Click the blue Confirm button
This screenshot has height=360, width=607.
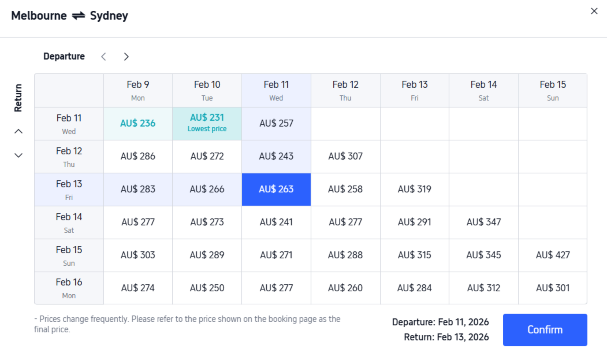(545, 329)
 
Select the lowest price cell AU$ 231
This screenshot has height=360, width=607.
(207, 124)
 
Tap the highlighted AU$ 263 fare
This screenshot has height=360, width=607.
(276, 189)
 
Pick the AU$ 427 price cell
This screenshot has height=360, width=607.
(553, 255)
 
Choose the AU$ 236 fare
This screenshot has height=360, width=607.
(138, 124)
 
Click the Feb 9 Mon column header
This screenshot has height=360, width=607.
(138, 90)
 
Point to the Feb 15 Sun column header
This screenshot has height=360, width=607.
(553, 90)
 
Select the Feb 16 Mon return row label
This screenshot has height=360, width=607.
(69, 288)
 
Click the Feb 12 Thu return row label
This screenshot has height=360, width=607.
(69, 156)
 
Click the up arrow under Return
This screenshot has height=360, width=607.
(17, 131)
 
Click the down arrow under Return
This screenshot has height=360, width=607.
(17, 155)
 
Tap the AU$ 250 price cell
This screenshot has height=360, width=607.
(207, 288)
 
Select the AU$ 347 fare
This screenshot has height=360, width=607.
(484, 222)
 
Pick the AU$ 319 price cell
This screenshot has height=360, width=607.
(414, 189)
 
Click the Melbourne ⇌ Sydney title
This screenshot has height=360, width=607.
(69, 16)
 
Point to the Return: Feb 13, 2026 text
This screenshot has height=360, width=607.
(441, 338)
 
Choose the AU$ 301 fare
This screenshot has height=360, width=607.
(553, 288)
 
